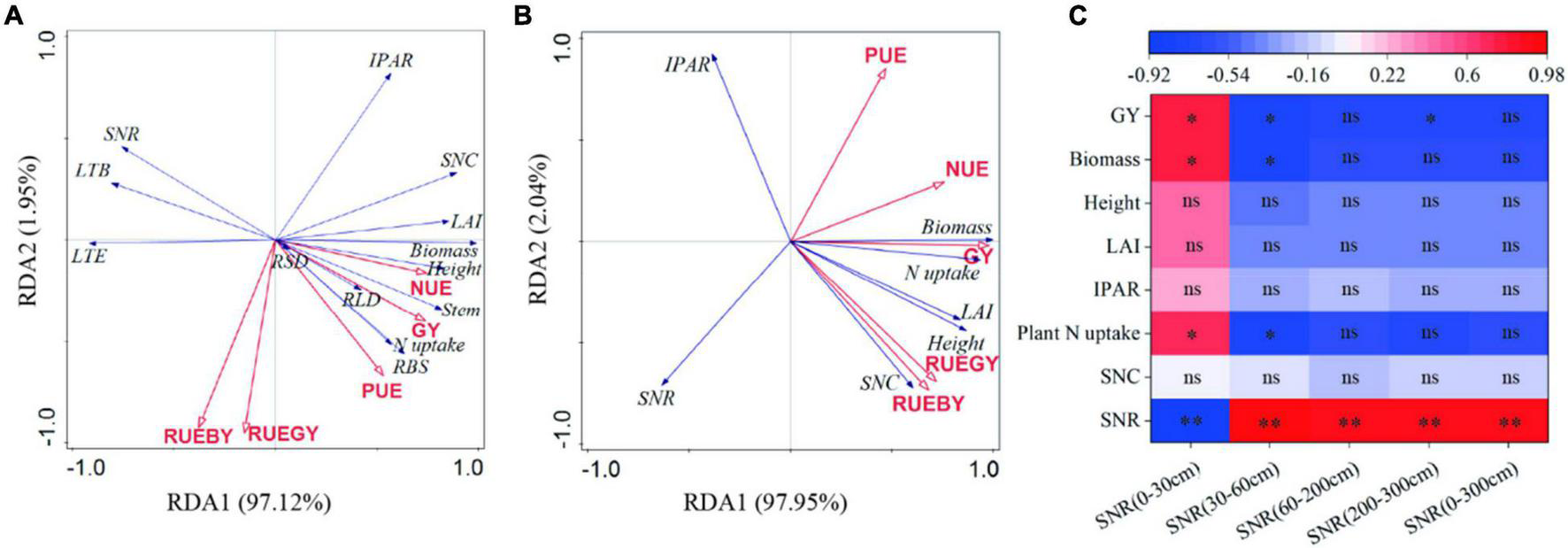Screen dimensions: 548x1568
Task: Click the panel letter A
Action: tap(13, 15)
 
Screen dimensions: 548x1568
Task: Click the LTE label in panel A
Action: tap(88, 257)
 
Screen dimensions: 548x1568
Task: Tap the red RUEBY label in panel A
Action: tap(197, 436)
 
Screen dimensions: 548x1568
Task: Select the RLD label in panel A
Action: tap(361, 300)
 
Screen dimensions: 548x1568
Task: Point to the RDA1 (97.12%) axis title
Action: tap(249, 503)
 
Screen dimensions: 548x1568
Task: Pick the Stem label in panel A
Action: tap(461, 310)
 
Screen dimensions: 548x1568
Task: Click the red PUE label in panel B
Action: tap(885, 56)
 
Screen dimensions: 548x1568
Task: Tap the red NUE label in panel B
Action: tap(966, 169)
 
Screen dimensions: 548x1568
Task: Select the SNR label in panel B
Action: tap(656, 398)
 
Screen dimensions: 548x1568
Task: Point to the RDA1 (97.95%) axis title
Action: tap(765, 503)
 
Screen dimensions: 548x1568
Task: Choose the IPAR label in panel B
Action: tap(688, 65)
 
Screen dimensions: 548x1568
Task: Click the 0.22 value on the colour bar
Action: tap(1387, 75)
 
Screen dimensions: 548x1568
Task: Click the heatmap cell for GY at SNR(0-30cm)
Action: tap(1191, 116)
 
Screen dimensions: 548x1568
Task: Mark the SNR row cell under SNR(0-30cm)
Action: tap(1191, 420)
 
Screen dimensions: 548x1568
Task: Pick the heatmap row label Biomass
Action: tap(1104, 159)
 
